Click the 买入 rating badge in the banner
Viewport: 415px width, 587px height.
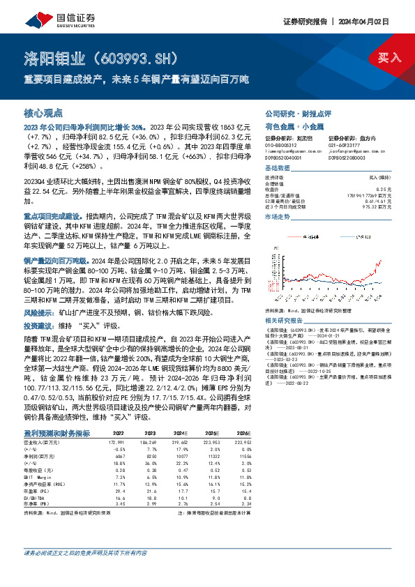coord(390,58)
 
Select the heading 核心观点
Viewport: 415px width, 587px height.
coord(44,112)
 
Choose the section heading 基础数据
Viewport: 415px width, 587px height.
coord(279,169)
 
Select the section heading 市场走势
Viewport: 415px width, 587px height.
coord(279,218)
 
